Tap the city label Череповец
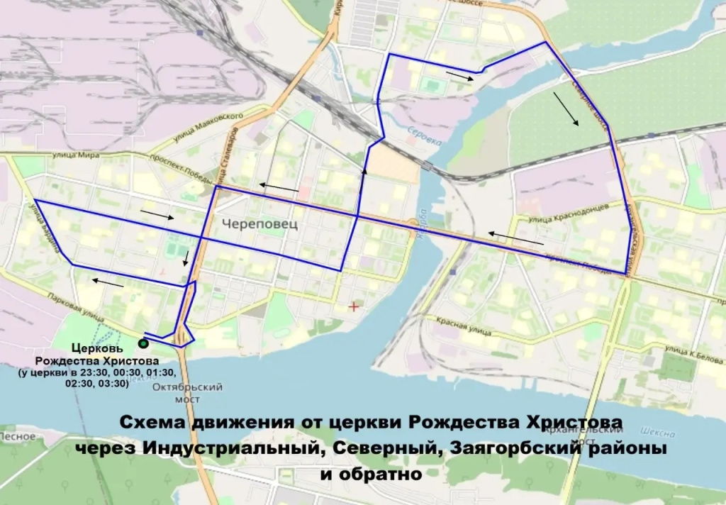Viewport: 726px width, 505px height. pyautogui.click(x=259, y=223)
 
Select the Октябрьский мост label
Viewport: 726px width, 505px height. pyautogui.click(x=188, y=393)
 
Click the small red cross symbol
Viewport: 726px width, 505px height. pyautogui.click(x=354, y=306)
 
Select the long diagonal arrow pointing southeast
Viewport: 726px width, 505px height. pyautogui.click(x=566, y=109)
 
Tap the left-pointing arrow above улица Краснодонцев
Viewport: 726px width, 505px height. pyautogui.click(x=515, y=238)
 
